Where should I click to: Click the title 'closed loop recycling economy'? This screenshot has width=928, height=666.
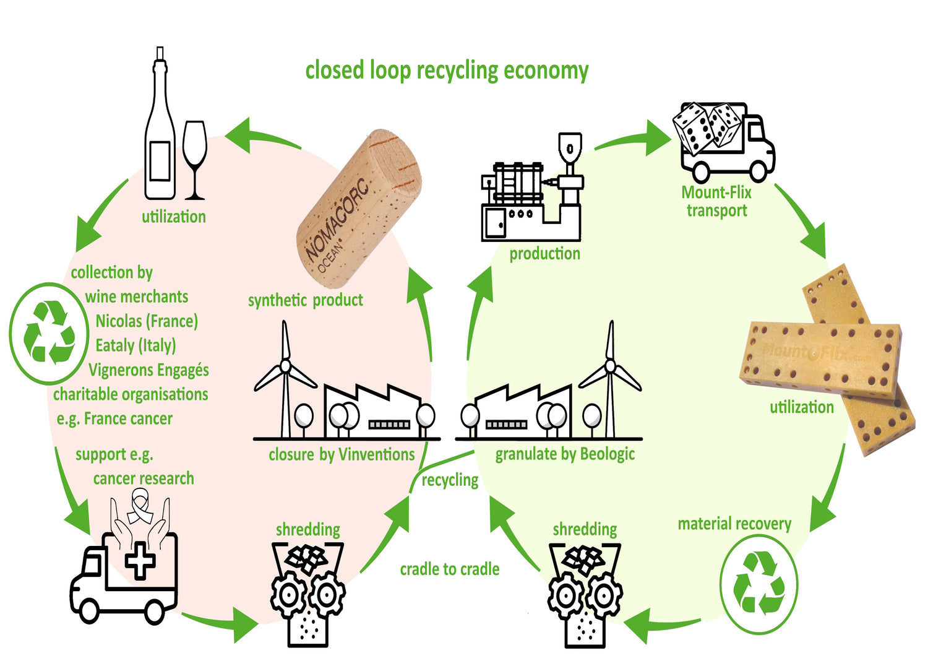point(447,71)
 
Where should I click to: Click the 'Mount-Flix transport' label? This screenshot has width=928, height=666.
point(716,201)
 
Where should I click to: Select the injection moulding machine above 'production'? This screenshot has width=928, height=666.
point(531,189)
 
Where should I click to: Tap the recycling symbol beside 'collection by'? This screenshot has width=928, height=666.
point(49,332)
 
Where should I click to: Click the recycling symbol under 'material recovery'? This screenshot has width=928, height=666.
point(758,584)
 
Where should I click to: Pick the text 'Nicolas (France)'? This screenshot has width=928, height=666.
point(147,321)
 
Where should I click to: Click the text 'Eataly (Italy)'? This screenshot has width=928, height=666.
point(135,345)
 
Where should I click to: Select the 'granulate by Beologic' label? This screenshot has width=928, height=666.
point(565,454)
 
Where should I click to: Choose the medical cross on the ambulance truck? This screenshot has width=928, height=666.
point(141,560)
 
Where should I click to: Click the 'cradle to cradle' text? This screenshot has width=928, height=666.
point(450,569)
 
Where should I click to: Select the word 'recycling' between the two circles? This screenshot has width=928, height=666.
point(450,480)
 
